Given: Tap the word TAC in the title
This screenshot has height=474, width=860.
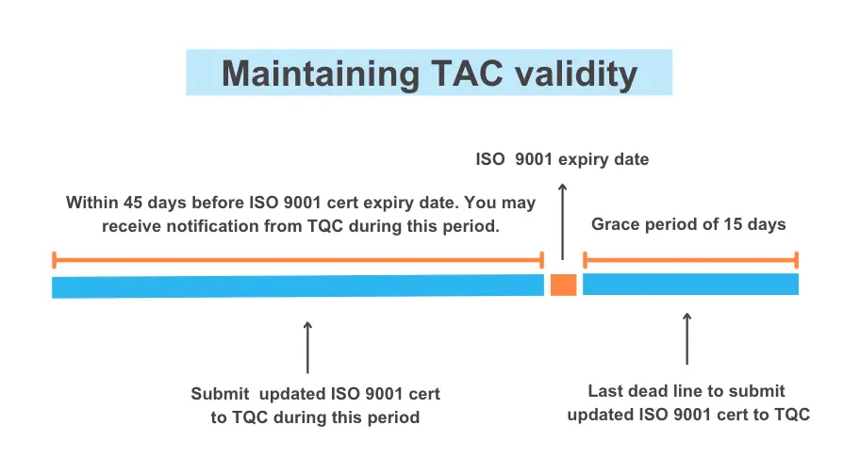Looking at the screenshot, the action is [467, 73].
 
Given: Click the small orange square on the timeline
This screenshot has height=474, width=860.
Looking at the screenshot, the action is [563, 285].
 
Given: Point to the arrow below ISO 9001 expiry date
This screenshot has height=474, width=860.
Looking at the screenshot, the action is [562, 222].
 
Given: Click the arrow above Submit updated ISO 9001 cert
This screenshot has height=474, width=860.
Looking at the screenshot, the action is [307, 348].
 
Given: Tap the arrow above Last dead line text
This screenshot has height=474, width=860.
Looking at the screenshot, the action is [686, 338].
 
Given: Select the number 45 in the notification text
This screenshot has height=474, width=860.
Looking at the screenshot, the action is [133, 203].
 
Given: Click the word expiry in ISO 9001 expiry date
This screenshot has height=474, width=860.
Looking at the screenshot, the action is [582, 160].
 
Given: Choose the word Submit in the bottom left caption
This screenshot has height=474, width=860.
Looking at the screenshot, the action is [220, 394].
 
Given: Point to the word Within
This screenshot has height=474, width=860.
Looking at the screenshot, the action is [92, 203].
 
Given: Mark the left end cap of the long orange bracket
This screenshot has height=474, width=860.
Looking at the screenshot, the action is [55, 260].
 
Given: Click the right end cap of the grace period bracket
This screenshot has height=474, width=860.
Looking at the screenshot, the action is [797, 260].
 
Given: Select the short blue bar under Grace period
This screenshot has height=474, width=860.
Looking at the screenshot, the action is [690, 285].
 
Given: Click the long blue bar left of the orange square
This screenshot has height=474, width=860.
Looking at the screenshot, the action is [298, 286].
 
